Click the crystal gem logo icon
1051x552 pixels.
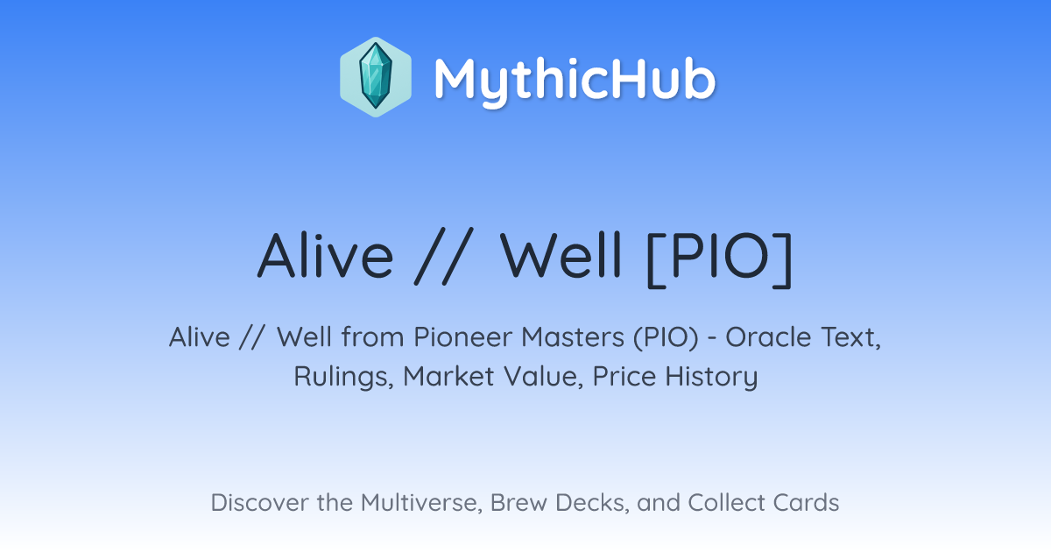point(376,77)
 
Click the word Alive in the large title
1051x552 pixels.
point(325,256)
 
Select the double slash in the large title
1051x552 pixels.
point(444,256)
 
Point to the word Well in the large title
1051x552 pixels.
point(561,255)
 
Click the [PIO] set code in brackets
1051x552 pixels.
point(719,258)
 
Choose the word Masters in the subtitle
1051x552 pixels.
point(573,337)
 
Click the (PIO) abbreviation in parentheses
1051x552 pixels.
point(666,338)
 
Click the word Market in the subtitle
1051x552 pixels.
point(448,376)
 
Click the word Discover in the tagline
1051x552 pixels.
point(260,502)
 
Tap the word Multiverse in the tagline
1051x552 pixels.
point(421,503)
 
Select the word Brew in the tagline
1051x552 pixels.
point(518,502)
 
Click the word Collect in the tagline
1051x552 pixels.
point(727,502)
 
